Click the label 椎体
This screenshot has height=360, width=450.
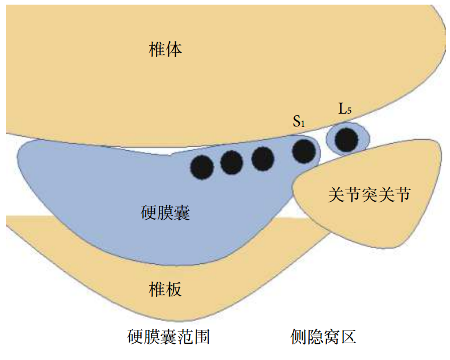click(x=165, y=50)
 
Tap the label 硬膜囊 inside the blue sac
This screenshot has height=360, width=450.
click(x=165, y=213)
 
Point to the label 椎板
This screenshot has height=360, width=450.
click(x=165, y=288)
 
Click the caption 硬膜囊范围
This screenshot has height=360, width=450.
click(x=168, y=337)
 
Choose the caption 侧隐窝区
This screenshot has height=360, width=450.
click(x=323, y=337)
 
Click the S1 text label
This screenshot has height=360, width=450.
click(x=299, y=122)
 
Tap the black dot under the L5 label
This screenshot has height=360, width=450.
click(x=347, y=140)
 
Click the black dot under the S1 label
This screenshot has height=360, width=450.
click(x=304, y=151)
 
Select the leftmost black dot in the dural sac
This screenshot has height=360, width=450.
click(x=202, y=168)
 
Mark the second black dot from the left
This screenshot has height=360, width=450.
click(x=232, y=163)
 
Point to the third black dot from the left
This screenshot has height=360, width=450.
click(x=263, y=158)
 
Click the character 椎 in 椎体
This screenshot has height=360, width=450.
click(x=157, y=50)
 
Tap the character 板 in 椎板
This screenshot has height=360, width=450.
click(x=174, y=288)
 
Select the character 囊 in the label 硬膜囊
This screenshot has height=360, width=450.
click(x=182, y=213)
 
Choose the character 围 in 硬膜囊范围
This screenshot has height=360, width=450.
click(x=201, y=337)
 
